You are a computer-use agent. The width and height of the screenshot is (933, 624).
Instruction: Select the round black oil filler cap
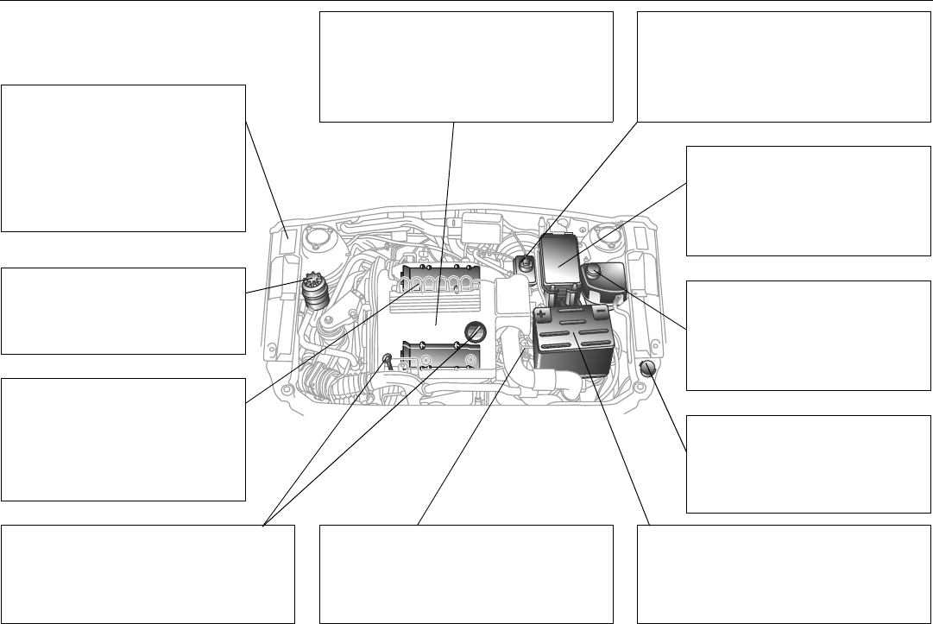click(x=474, y=331)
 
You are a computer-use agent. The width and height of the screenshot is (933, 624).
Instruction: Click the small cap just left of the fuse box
click(x=523, y=262)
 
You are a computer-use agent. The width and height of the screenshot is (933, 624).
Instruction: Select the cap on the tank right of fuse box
click(x=594, y=274)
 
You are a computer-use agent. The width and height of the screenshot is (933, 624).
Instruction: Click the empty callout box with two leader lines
click(x=148, y=573)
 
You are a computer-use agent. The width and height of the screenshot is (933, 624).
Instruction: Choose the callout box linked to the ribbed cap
click(x=123, y=311)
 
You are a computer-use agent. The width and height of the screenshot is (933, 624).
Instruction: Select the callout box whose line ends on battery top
click(x=785, y=573)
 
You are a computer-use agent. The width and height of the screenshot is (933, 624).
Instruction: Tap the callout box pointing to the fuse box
click(x=809, y=200)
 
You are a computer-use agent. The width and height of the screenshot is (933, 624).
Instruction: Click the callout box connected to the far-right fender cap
click(x=809, y=464)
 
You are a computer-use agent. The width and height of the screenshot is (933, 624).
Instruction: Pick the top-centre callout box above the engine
click(x=466, y=66)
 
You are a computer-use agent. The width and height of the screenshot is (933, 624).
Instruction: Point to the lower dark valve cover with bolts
click(x=440, y=356)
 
